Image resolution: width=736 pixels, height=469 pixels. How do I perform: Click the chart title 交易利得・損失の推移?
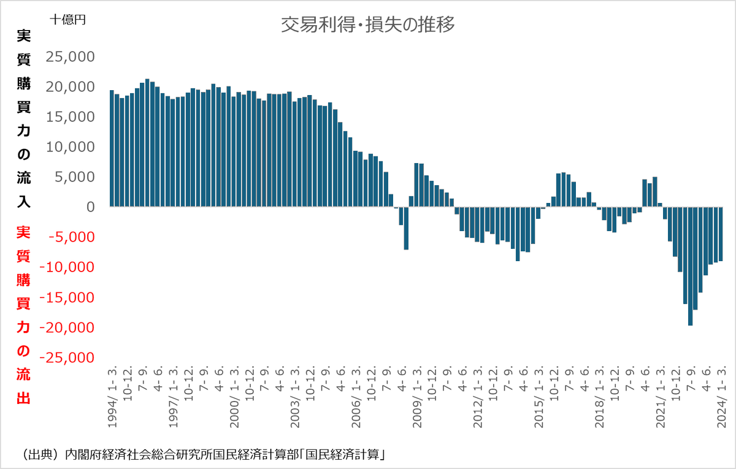[x=367, y=25]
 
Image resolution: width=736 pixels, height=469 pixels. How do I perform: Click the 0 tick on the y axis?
[x=90, y=207]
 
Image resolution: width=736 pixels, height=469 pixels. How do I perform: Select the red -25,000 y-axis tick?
[x=67, y=357]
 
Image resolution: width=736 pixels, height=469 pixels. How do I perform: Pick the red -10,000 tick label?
[x=67, y=267]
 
